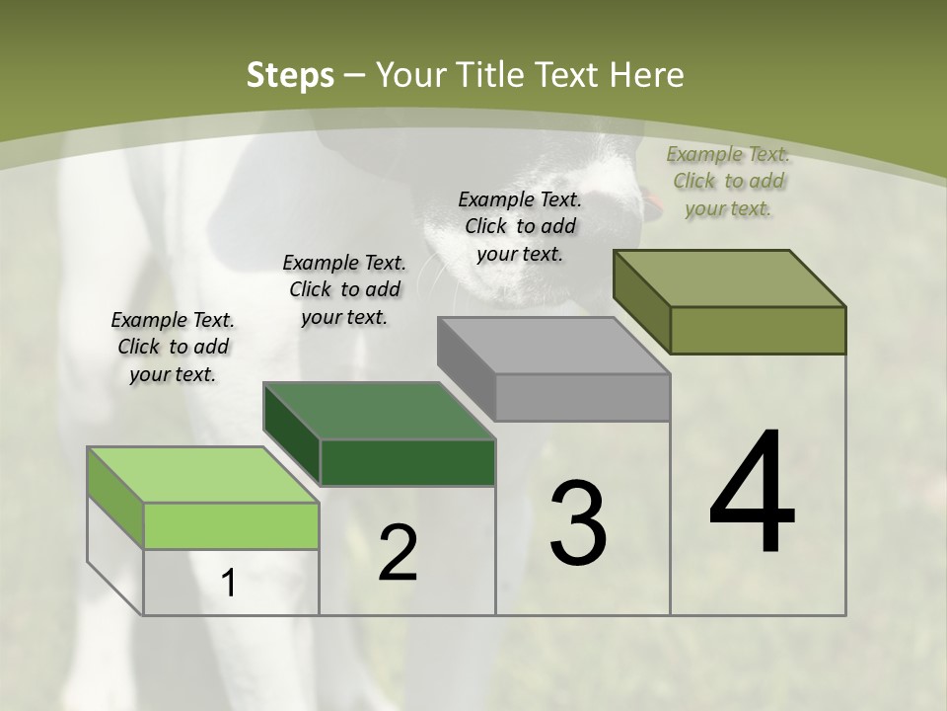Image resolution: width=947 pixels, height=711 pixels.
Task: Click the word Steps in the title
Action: [x=290, y=75]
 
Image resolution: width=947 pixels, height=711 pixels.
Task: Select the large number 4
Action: [x=752, y=494]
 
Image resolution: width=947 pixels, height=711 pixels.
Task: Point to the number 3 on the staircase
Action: [x=577, y=523]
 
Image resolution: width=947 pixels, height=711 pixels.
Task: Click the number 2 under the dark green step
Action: [x=398, y=553]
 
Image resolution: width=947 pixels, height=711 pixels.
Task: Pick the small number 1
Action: [x=229, y=584]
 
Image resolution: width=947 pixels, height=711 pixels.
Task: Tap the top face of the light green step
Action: [x=203, y=475]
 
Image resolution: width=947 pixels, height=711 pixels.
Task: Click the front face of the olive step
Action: [x=758, y=330]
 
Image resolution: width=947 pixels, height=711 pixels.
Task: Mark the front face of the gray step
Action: [x=582, y=397]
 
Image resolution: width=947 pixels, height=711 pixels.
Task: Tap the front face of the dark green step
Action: [x=407, y=462]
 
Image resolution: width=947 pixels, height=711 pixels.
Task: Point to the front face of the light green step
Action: [x=231, y=525]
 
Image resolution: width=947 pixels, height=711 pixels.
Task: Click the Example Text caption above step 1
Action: [x=173, y=347]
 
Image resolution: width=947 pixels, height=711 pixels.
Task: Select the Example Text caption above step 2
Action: [x=344, y=289]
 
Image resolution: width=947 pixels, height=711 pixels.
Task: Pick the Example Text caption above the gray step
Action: [x=520, y=226]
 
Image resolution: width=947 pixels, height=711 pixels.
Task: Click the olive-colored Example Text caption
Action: [x=728, y=181]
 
